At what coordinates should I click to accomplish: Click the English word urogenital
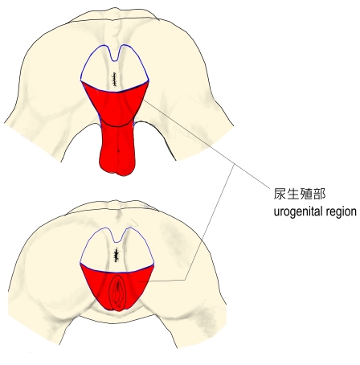(298, 211)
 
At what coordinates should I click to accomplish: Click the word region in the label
(341, 211)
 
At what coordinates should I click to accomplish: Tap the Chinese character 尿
(280, 194)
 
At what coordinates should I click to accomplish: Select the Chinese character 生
(292, 194)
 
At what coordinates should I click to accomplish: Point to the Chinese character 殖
(306, 194)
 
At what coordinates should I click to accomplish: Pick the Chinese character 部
(319, 194)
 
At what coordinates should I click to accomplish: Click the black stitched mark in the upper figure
(115, 80)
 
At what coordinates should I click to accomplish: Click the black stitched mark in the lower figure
(117, 255)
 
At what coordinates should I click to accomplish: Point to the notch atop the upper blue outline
(115, 61)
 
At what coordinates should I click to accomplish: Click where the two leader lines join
(235, 164)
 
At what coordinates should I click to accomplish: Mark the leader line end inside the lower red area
(139, 281)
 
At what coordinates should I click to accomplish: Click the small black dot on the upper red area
(119, 150)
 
